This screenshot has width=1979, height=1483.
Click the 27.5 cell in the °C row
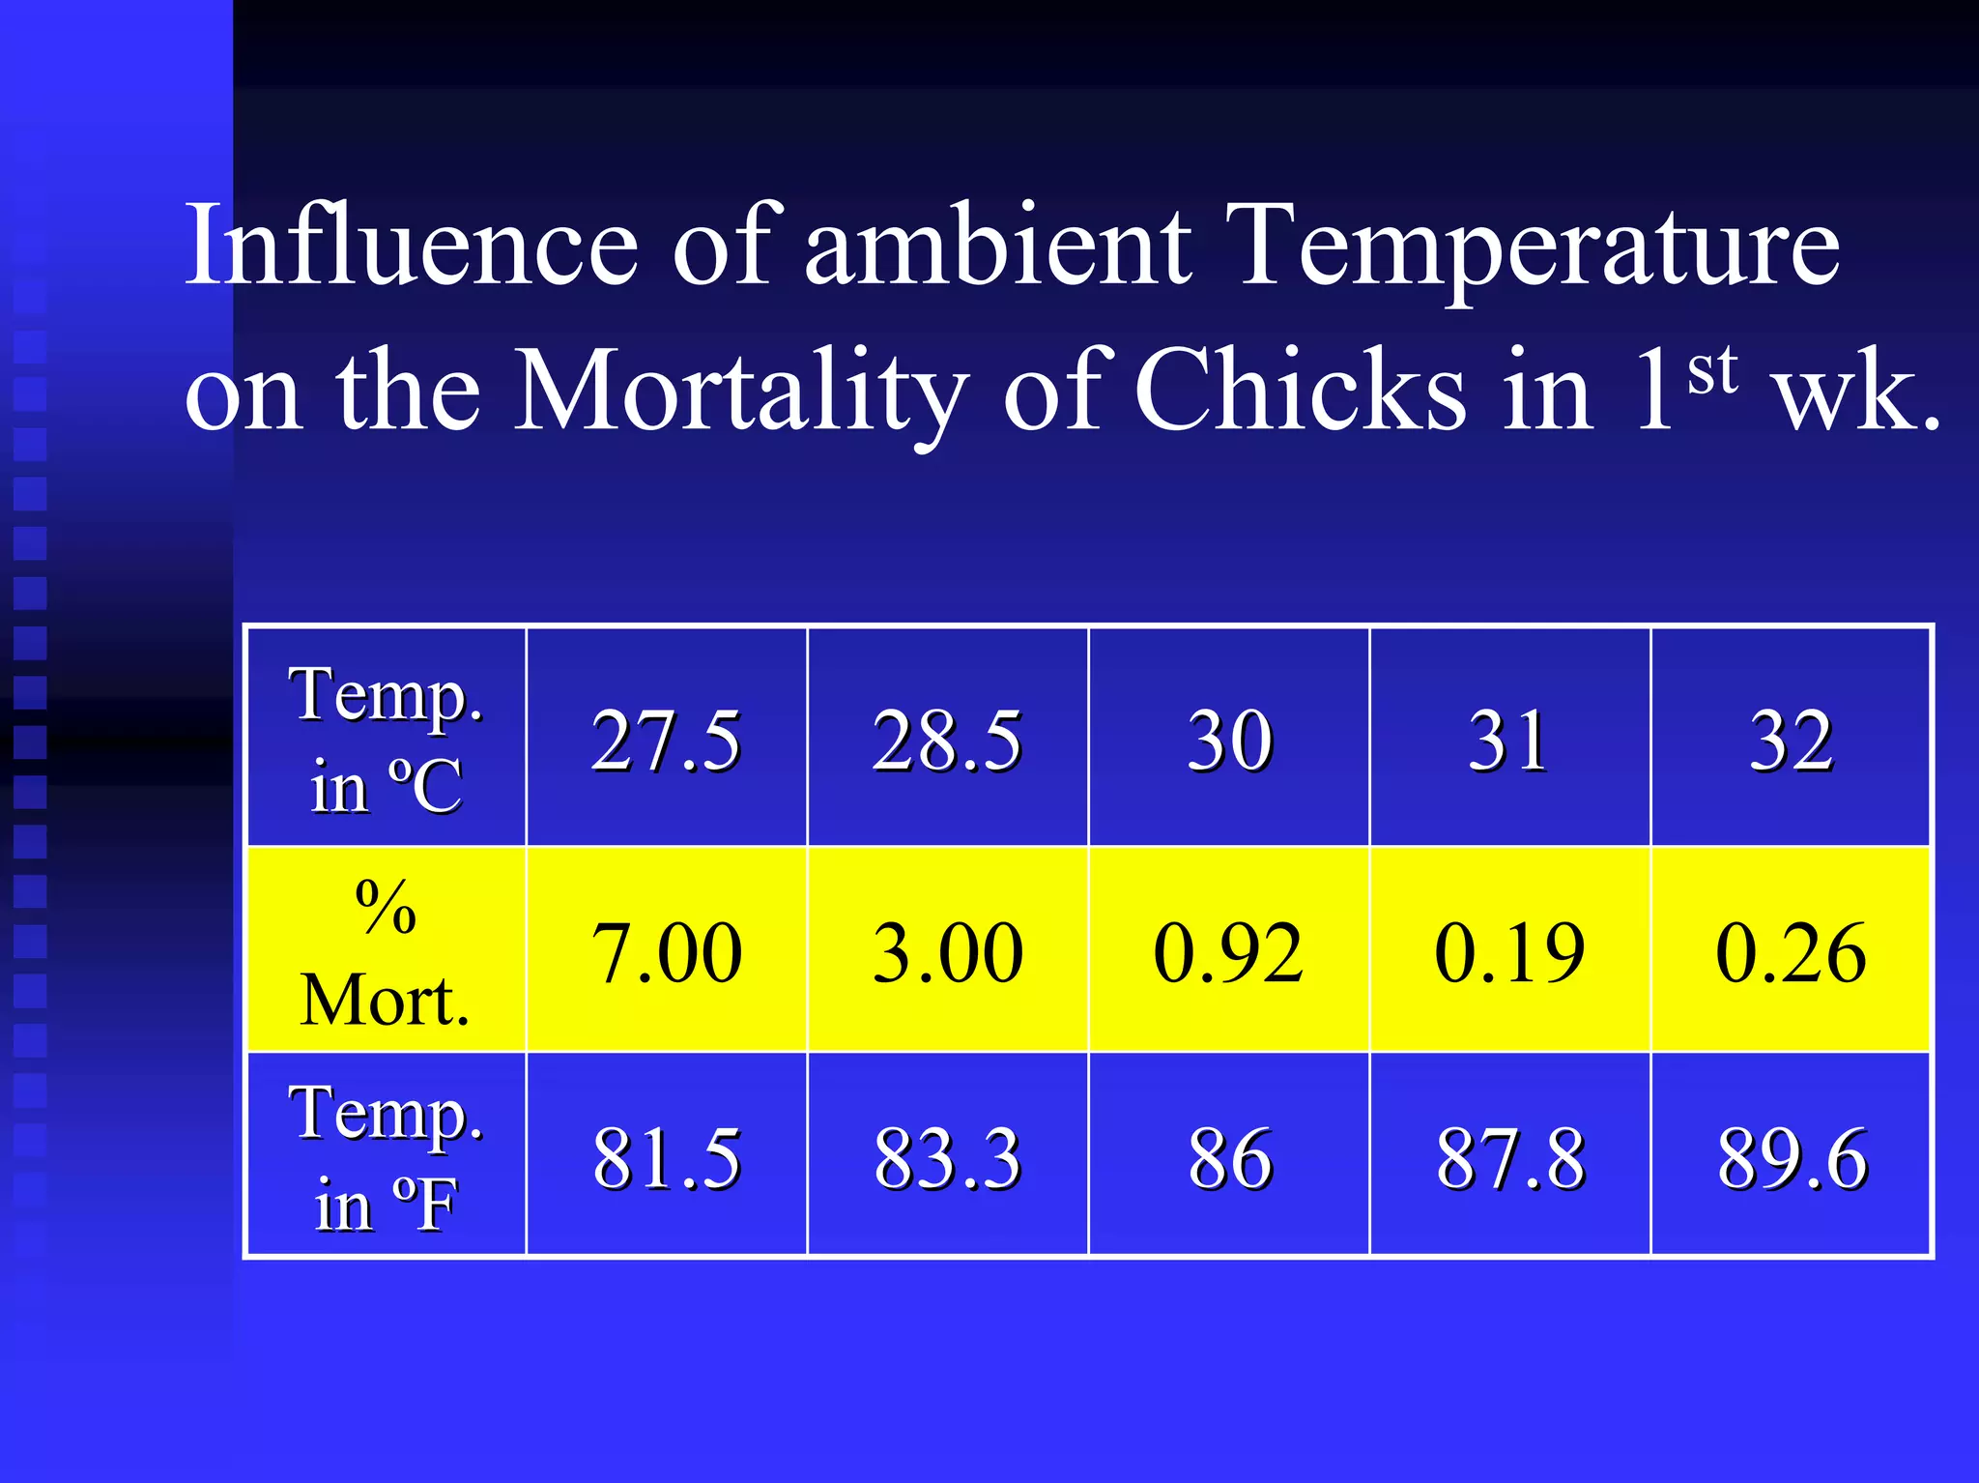point(666,740)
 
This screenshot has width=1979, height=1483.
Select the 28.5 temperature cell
point(947,740)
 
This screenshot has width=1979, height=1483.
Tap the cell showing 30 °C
point(1229,740)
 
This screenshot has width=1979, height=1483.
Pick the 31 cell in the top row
point(1509,740)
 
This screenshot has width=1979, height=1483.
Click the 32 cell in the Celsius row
point(1791,740)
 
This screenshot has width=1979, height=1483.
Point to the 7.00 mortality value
point(666,952)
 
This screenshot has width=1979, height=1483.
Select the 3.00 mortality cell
point(947,952)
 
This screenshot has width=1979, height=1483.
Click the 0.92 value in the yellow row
point(1229,952)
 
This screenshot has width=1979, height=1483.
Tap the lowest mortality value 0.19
point(1509,952)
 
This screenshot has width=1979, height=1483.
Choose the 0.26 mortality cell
point(1791,952)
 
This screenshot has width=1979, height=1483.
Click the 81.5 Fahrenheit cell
point(666,1157)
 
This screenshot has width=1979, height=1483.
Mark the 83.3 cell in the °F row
point(947,1157)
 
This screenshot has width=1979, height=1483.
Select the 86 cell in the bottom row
point(1229,1157)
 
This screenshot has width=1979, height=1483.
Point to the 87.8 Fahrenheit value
point(1509,1157)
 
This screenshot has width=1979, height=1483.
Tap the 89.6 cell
point(1791,1157)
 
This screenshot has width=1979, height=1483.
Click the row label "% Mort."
point(386,952)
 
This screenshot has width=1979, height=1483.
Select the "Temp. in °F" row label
point(386,1157)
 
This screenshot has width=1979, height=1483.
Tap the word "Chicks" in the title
point(1300,392)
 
